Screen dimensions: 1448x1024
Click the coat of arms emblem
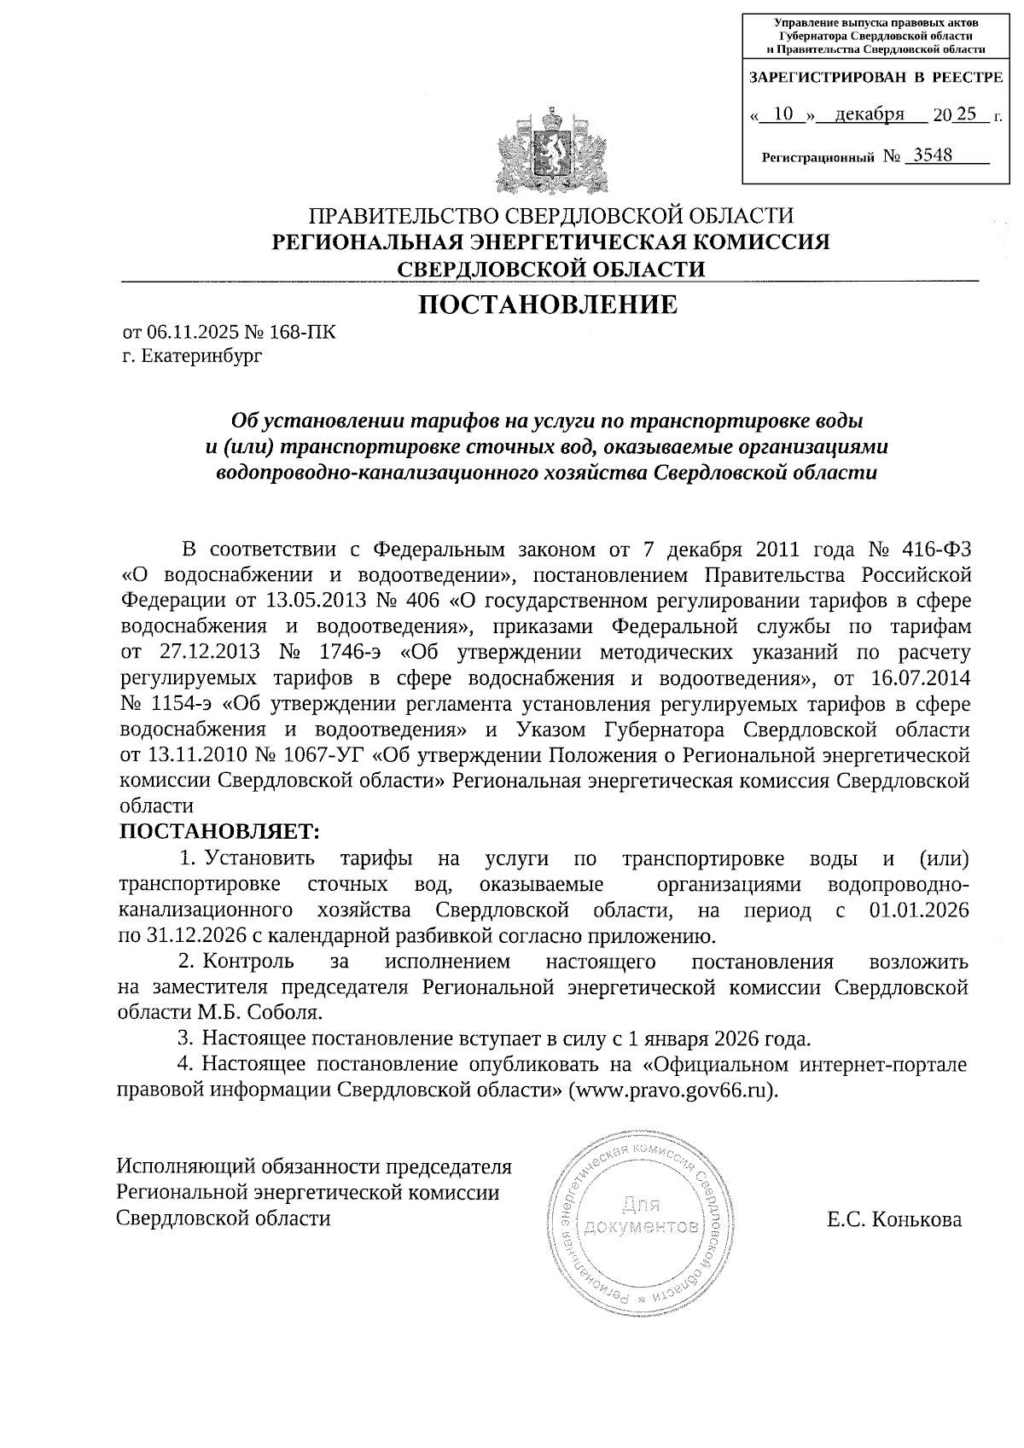546,152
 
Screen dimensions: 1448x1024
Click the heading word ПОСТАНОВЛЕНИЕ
547,305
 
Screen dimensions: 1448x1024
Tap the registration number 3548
933,155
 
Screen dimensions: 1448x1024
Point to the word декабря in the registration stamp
870,113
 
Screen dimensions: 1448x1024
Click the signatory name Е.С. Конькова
893,1220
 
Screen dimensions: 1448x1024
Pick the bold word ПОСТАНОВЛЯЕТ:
218,830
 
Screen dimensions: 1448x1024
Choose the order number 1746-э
350,653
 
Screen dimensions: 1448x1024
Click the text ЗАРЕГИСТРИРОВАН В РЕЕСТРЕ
876,78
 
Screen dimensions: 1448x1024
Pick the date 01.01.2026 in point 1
919,910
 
